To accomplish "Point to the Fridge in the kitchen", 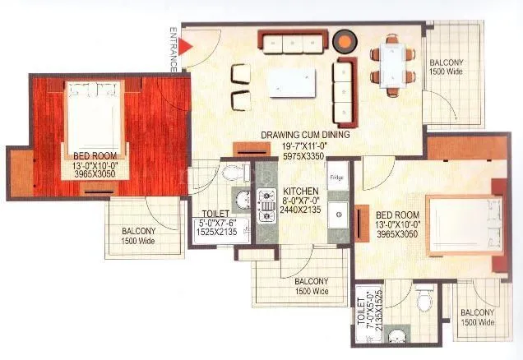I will [x=336, y=178].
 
